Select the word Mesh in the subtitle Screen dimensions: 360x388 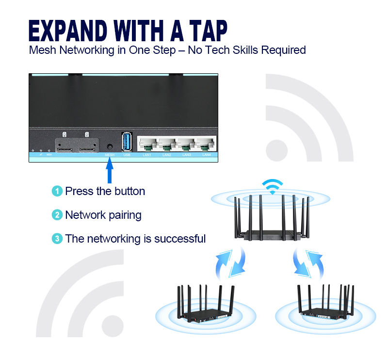click(x=43, y=50)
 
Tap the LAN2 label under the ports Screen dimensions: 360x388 click(x=166, y=155)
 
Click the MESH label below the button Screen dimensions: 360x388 click(x=110, y=155)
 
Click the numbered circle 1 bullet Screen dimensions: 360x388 click(x=57, y=191)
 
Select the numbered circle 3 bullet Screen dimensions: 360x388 click(x=57, y=239)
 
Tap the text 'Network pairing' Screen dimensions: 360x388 click(x=103, y=215)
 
